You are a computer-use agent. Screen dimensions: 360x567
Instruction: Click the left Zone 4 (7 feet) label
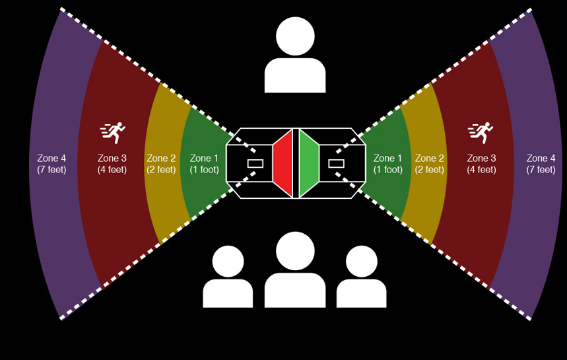(x=52, y=164)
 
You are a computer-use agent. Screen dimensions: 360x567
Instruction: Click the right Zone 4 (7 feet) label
(x=541, y=164)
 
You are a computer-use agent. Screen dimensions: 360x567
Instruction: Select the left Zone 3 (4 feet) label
(x=112, y=164)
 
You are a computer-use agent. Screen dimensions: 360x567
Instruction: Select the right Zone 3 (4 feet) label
(x=481, y=164)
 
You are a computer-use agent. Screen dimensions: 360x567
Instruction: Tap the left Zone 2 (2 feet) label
(x=161, y=164)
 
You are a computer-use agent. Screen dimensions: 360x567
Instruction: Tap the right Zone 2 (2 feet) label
(x=429, y=164)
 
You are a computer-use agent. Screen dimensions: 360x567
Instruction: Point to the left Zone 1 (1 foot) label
(x=204, y=164)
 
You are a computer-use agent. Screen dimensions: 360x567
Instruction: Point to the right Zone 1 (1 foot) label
(x=387, y=164)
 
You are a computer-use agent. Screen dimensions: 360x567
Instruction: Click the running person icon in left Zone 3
(x=113, y=133)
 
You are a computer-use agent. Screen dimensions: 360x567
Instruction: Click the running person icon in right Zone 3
(x=481, y=133)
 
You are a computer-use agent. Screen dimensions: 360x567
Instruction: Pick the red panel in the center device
(x=283, y=163)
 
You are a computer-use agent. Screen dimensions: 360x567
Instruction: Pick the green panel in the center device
(x=308, y=163)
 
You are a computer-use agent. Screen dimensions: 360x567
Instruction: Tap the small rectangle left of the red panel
(x=255, y=163)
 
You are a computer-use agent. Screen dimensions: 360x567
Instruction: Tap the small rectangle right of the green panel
(x=336, y=163)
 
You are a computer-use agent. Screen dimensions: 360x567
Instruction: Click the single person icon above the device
(x=295, y=56)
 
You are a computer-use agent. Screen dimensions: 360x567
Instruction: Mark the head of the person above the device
(x=295, y=36)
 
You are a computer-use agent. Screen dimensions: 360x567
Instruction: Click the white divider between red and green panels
(x=296, y=163)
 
